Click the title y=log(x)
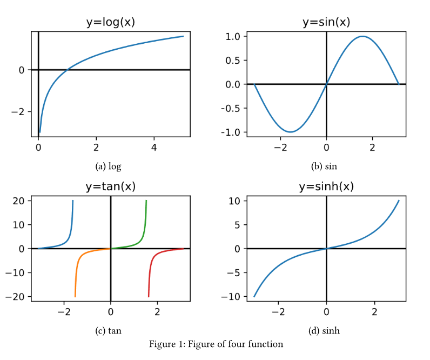(110, 22)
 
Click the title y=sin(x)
(326, 22)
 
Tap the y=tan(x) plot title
(110, 186)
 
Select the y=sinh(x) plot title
(326, 186)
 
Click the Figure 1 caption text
(216, 344)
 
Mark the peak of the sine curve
(362, 36)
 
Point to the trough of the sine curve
(291, 132)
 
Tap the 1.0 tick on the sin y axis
(233, 36)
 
